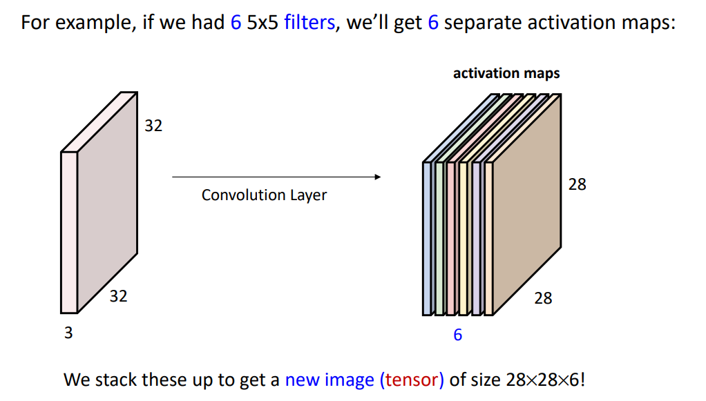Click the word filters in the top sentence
[x=309, y=23]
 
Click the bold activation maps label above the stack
[x=506, y=73]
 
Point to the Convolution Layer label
[x=264, y=195]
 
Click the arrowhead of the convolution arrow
[x=377, y=177]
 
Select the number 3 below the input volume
[x=68, y=333]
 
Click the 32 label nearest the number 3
[x=118, y=296]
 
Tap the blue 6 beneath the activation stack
[x=457, y=335]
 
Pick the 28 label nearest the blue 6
[x=543, y=298]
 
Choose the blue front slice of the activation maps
[x=427, y=238]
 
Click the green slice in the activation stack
[x=439, y=238]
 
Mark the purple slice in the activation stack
[x=477, y=238]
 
